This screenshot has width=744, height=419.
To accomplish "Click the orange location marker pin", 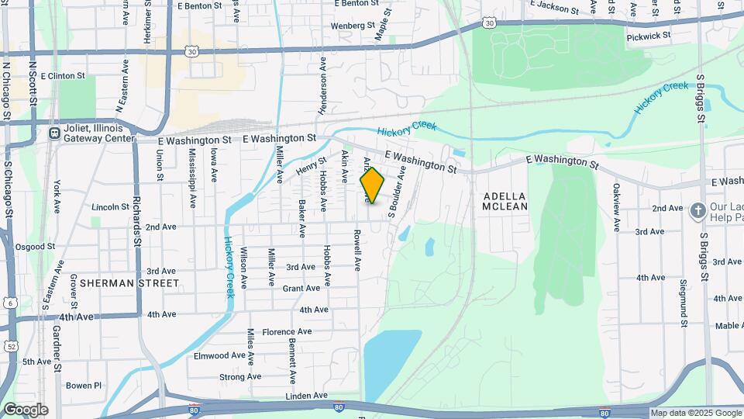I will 373,185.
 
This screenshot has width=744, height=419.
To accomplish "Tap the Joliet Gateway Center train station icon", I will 55,133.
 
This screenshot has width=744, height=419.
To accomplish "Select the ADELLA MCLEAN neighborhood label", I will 505,201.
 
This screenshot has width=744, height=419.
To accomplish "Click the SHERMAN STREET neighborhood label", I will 129,283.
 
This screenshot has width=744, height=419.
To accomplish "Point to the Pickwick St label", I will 649,36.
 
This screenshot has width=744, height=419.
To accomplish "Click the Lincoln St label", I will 110,207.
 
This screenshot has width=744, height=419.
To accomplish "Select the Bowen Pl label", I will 84,385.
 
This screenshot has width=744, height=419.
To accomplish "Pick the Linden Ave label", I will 307,396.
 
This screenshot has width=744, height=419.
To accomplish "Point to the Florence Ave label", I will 287,331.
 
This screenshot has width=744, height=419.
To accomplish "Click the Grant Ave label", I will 301,288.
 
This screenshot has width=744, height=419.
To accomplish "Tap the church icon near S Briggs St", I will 697,209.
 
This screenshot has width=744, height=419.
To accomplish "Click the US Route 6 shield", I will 10,303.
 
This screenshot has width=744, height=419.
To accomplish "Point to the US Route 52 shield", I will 10,346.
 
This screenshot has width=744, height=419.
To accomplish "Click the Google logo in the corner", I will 25,410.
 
